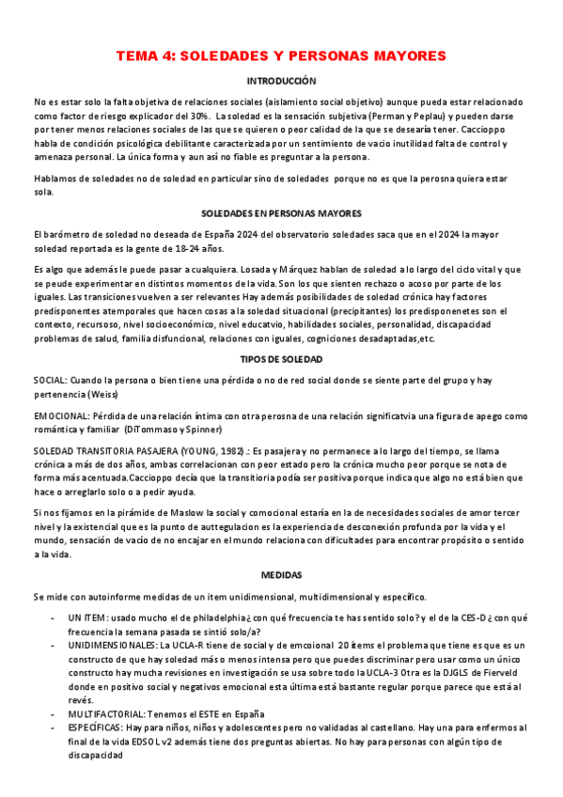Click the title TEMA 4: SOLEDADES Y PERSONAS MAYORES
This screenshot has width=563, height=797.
click(281, 56)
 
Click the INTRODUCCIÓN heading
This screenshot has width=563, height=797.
click(281, 82)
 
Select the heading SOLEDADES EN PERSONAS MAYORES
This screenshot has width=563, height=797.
click(281, 213)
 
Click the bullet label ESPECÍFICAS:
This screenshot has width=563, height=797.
click(95, 728)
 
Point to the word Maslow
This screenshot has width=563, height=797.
click(165, 512)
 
